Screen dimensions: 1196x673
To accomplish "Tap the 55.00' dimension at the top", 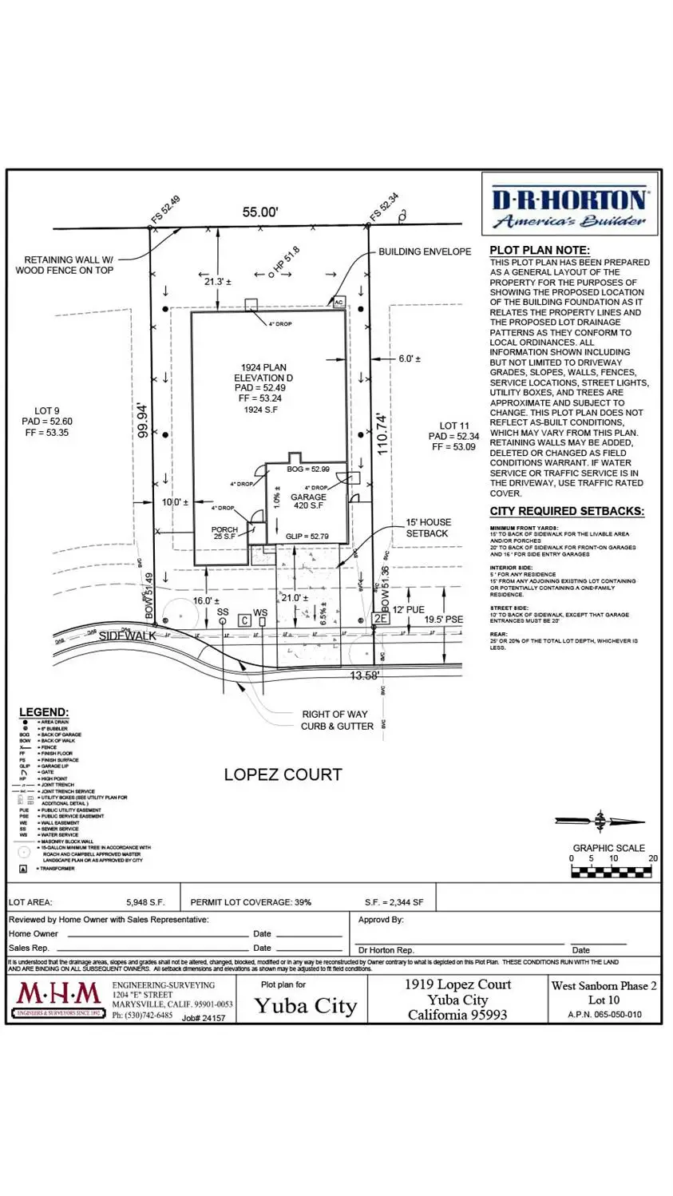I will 260,212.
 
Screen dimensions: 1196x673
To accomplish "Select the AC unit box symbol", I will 338,303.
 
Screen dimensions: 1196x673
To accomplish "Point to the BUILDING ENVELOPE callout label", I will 425,251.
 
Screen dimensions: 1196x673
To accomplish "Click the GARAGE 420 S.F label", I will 308,501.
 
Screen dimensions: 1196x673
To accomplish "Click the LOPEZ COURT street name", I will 283,774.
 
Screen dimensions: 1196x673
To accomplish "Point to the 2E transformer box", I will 381,619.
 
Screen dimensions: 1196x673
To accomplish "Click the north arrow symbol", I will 600,821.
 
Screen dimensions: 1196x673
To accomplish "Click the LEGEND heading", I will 44,712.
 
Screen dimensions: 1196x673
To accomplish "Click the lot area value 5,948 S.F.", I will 145,902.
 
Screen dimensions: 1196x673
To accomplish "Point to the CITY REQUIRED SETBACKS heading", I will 567,511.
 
